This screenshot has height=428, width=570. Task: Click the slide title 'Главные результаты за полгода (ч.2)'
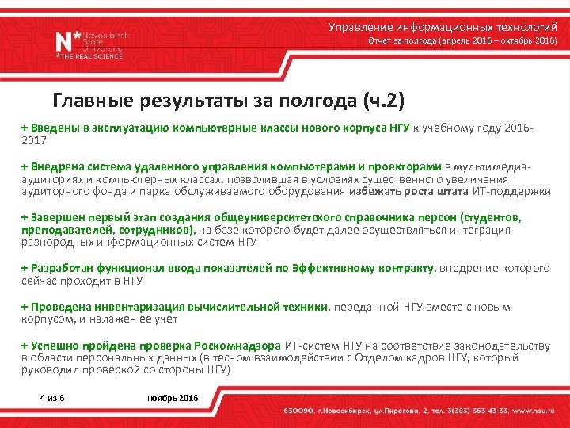point(228,101)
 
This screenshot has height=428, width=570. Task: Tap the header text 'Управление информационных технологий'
point(443,27)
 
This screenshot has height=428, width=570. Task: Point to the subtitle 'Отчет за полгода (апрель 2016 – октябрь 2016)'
point(463,40)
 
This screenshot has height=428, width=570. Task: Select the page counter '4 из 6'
point(52,396)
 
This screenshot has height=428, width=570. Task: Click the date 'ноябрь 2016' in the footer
point(173,396)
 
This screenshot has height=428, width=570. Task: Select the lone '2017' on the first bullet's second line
point(34,139)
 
